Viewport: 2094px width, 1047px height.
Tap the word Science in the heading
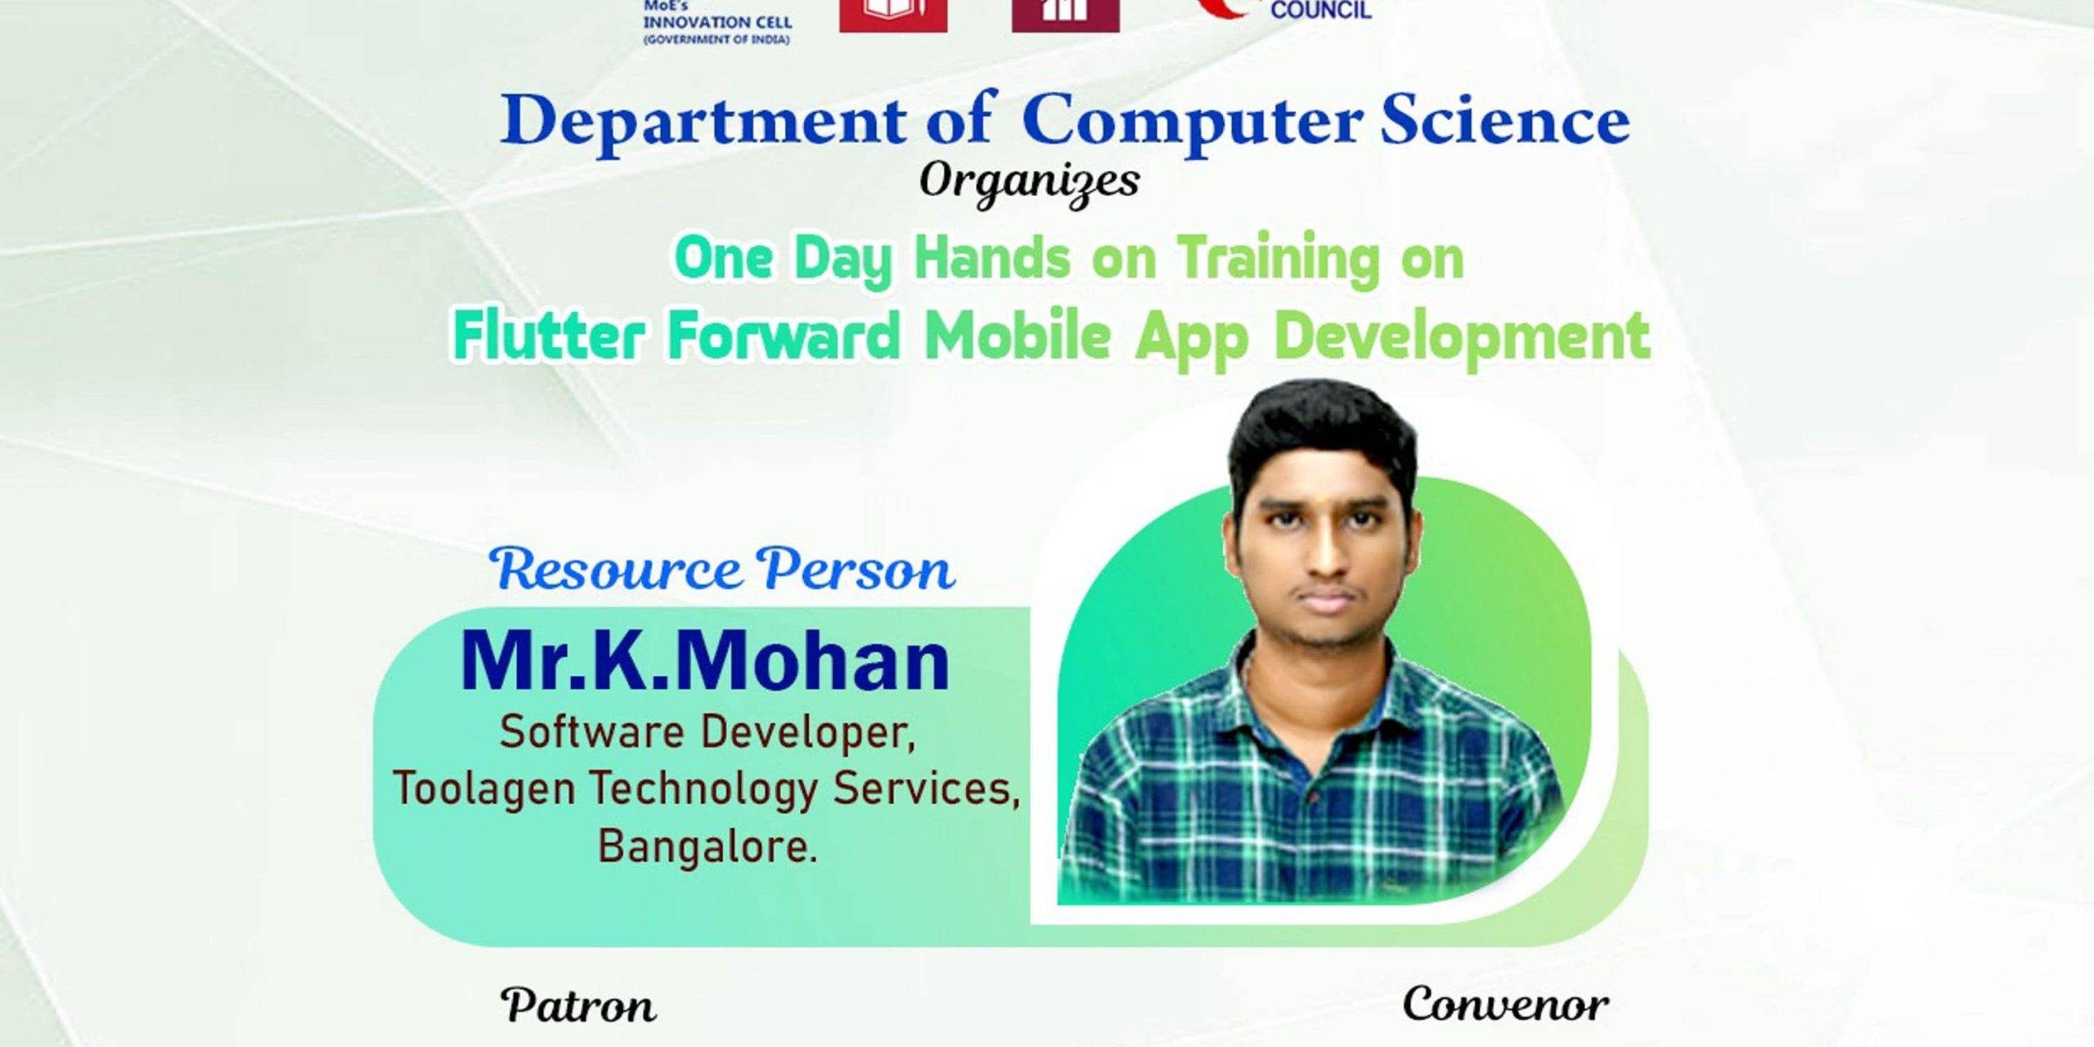[x=1505, y=120]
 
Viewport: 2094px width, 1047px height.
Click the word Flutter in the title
[x=548, y=335]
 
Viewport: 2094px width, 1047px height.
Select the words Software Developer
[x=707, y=731]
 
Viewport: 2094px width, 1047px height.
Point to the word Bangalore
[x=708, y=846]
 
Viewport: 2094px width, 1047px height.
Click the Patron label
[x=578, y=1005]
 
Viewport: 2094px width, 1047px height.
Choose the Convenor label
[x=1505, y=1004]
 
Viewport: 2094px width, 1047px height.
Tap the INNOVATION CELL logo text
[x=717, y=23]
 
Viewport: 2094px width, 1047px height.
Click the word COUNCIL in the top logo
[x=1320, y=10]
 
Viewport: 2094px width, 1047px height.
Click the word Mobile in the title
[x=1018, y=335]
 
